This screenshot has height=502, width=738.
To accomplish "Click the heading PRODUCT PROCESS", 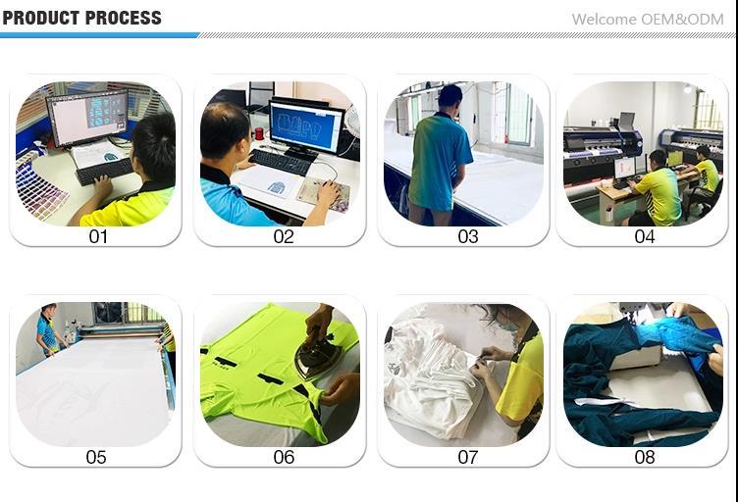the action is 81,18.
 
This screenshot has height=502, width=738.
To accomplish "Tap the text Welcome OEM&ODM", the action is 648,20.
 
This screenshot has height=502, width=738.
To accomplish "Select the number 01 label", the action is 98,236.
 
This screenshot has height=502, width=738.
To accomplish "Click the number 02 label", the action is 284,236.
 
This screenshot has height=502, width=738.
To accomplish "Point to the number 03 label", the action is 468,236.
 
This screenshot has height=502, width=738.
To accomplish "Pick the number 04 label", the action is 645,236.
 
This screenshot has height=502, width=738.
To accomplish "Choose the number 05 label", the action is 96,457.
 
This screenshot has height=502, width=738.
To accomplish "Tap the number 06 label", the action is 284,457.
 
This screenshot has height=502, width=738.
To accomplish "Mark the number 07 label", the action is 468,457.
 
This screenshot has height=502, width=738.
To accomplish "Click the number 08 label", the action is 645,457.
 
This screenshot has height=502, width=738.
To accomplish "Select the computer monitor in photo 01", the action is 87,118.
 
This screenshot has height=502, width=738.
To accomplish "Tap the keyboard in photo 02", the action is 281,162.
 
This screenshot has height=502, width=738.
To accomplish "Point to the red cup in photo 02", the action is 259,134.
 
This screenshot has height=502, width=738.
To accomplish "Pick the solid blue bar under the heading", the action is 99,35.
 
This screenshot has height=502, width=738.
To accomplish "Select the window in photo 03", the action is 519,114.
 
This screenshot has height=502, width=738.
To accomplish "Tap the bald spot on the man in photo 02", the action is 222,113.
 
